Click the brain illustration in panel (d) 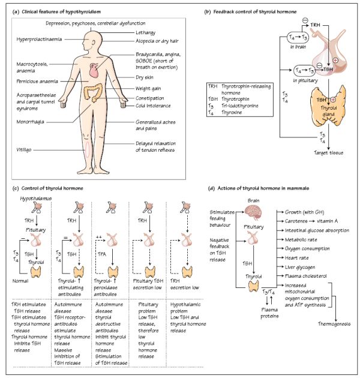pos(253,211)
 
